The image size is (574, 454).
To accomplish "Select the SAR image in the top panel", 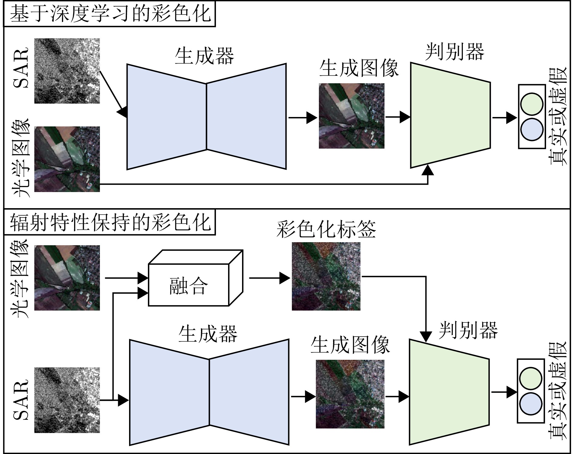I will [67, 71].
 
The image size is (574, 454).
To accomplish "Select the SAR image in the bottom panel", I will [67, 400].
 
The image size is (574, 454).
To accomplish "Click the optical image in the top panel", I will [67, 159].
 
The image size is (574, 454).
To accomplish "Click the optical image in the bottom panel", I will [67, 278].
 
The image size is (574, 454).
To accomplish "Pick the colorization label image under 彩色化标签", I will [326, 276].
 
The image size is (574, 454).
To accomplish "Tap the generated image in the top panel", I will [351, 116].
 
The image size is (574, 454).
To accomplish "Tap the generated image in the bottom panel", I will [350, 394].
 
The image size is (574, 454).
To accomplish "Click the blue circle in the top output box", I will [531, 130].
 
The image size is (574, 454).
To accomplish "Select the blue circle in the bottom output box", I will [531, 404].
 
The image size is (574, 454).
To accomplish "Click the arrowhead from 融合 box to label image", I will [285, 278].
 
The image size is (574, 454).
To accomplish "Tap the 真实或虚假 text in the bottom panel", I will [558, 391].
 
